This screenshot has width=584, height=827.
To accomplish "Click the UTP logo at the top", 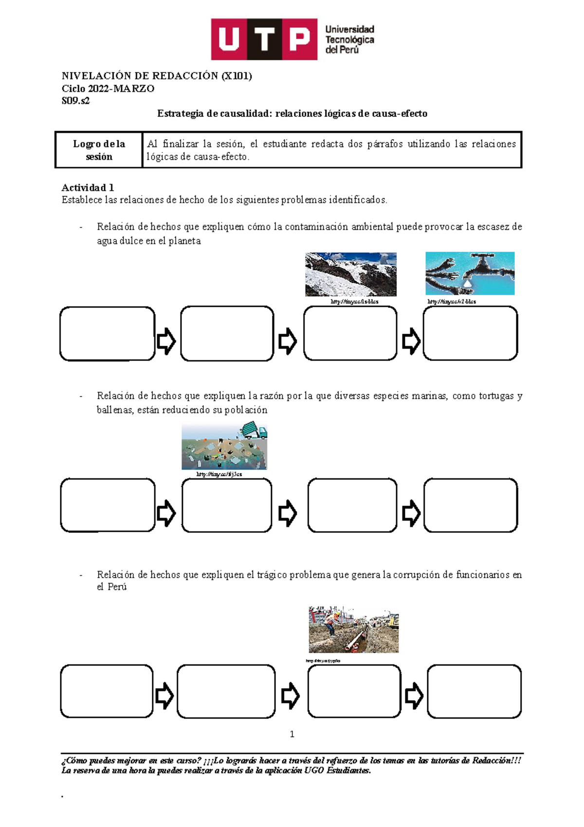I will [x=292, y=39].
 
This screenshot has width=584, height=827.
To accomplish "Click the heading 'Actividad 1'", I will [x=88, y=188].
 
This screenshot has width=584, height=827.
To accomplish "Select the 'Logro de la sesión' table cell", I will [x=99, y=150].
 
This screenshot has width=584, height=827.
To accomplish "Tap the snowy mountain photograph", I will [x=350, y=274].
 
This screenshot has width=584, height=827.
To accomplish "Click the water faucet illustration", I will [x=470, y=273].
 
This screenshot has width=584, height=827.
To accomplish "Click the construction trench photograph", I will [x=353, y=630].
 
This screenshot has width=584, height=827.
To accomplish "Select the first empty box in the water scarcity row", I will [x=107, y=334].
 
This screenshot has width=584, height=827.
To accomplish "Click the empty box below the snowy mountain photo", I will [x=350, y=334].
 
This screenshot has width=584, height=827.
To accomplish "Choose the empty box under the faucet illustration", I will [x=470, y=334].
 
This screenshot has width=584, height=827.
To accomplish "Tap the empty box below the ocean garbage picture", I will [x=227, y=505].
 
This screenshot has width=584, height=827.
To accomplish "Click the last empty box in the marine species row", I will [x=470, y=505].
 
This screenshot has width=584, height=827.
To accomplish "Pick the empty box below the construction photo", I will [x=354, y=691].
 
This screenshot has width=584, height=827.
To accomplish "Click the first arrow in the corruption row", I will [x=164, y=695].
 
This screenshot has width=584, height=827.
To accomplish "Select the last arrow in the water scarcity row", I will [x=411, y=341].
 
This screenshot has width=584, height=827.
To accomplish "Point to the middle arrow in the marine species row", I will [x=288, y=513].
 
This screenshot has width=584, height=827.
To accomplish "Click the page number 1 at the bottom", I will [x=292, y=734].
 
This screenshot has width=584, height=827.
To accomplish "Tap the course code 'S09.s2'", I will [x=75, y=101].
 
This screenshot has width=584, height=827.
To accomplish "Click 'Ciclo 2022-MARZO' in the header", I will [x=108, y=89].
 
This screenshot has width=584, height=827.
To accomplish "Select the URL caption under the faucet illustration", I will [x=452, y=301].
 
